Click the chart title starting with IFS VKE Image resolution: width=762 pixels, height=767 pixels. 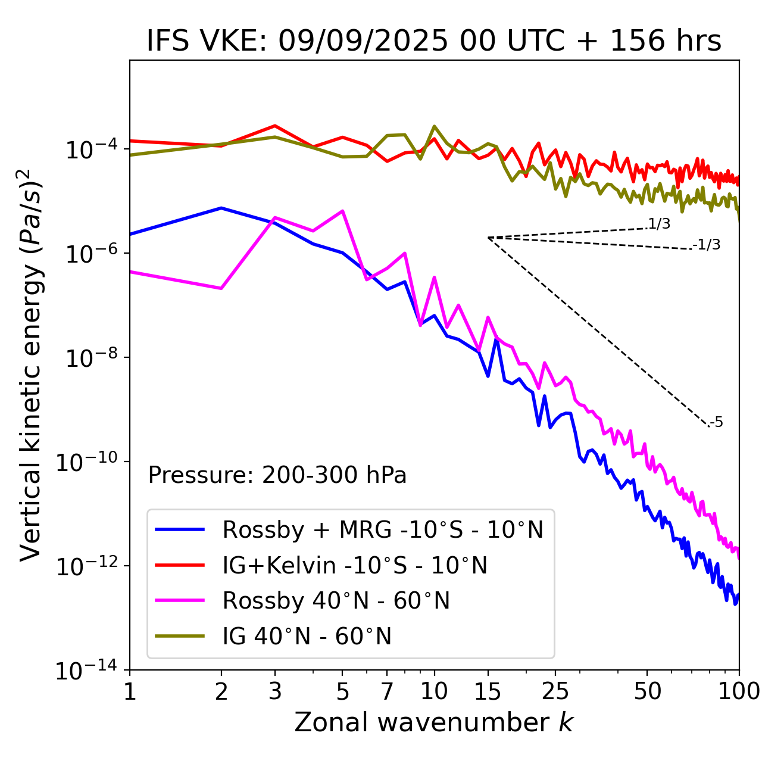click(434, 42)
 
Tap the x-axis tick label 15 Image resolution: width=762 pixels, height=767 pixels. click(488, 691)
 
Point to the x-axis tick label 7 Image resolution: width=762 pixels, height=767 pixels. click(387, 691)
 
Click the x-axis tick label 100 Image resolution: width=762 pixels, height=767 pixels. click(739, 691)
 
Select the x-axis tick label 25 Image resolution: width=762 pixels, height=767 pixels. click(555, 691)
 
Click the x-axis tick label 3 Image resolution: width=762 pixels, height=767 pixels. click(274, 691)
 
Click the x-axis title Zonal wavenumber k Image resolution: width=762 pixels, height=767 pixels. click(434, 722)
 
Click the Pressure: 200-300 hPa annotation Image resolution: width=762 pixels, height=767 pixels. click(277, 475)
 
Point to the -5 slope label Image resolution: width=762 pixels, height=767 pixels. click(716, 422)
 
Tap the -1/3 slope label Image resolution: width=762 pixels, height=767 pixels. click(707, 244)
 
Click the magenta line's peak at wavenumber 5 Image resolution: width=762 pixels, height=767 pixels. click(342, 211)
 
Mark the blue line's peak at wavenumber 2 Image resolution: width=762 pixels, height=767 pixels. click(221, 208)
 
